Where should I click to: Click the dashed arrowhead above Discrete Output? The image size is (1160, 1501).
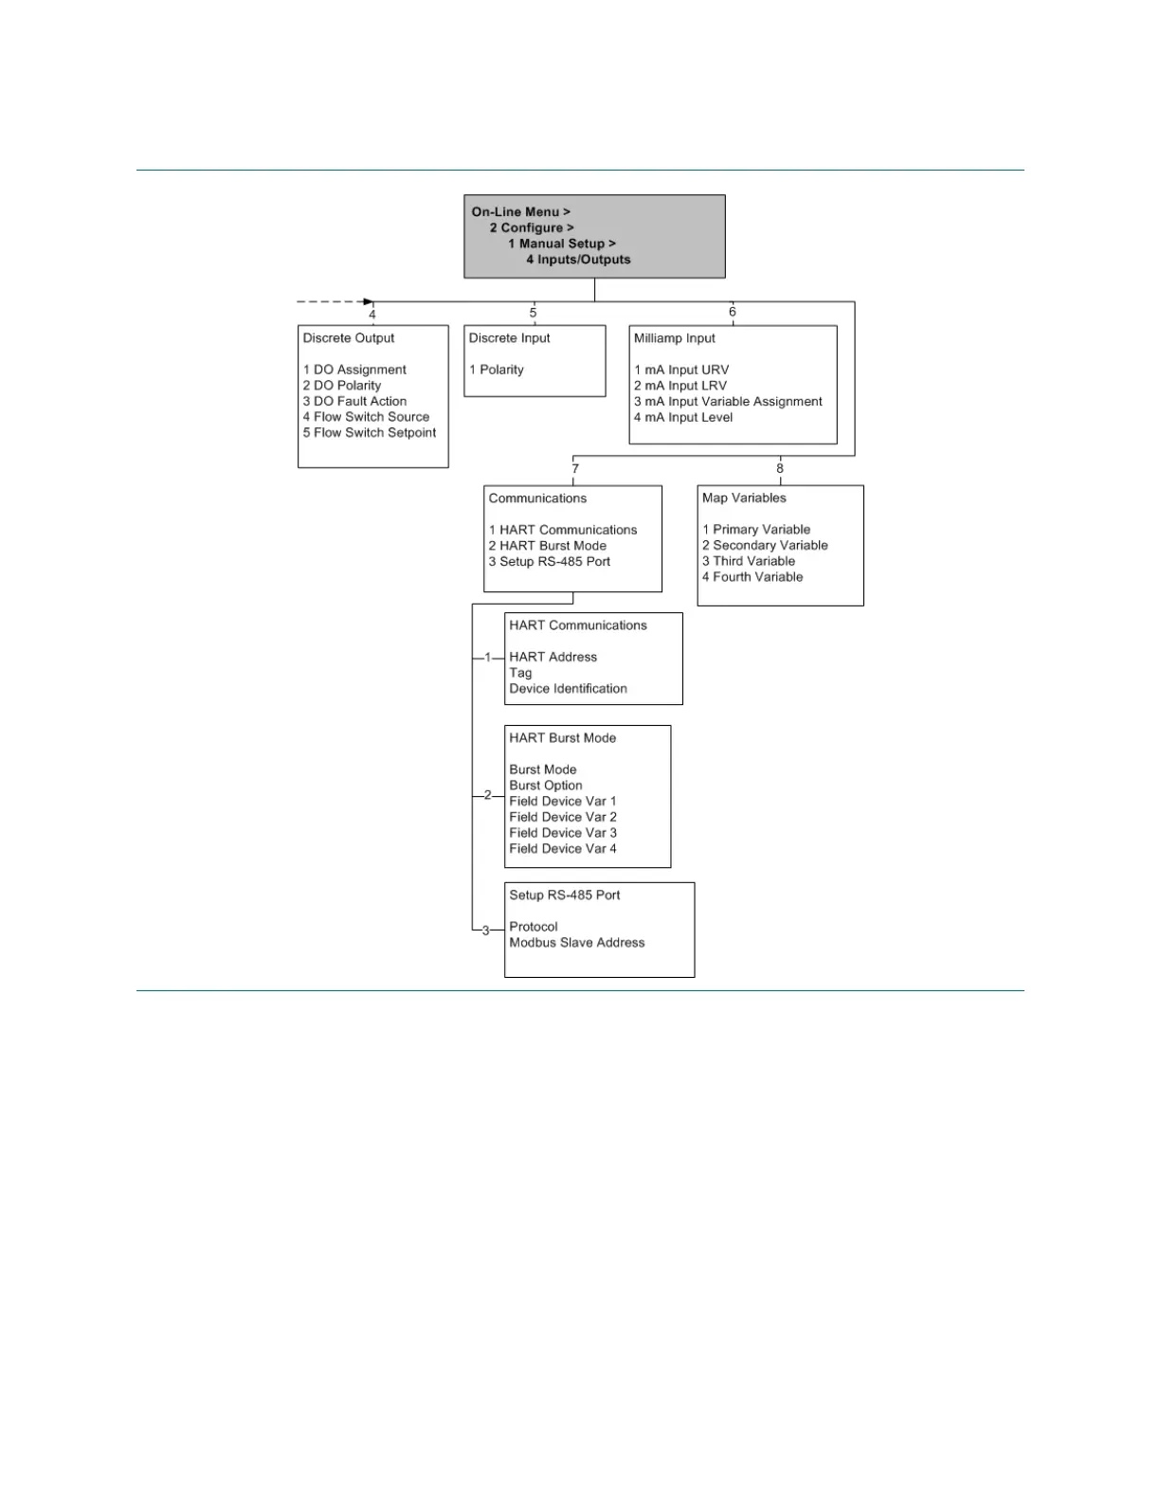(369, 301)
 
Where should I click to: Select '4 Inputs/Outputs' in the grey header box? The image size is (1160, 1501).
(578, 260)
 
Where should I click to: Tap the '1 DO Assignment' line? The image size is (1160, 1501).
(354, 370)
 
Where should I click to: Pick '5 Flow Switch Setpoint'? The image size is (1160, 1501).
(370, 433)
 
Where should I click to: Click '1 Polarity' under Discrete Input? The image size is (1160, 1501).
(497, 370)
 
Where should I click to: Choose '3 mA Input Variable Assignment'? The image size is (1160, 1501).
(728, 402)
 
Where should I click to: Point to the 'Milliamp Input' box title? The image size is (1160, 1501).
(675, 338)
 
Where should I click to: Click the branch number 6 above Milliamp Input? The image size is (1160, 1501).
(732, 312)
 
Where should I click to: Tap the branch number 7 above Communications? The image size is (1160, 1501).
(575, 468)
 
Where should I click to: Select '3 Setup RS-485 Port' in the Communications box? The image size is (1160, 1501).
(550, 562)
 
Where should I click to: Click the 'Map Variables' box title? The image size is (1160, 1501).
(744, 498)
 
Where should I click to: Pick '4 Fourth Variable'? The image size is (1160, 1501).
(752, 577)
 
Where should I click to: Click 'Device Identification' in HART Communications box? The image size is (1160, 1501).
(568, 689)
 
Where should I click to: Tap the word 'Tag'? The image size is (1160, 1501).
(520, 673)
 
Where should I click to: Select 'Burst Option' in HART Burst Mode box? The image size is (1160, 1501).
(546, 786)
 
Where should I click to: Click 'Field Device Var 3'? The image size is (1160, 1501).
(563, 833)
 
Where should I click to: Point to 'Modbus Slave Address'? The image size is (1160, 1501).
(576, 943)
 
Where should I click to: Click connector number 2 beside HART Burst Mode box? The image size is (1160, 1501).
(488, 795)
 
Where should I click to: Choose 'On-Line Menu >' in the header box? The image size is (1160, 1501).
(521, 212)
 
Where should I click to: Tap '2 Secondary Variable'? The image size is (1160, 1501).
(765, 546)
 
